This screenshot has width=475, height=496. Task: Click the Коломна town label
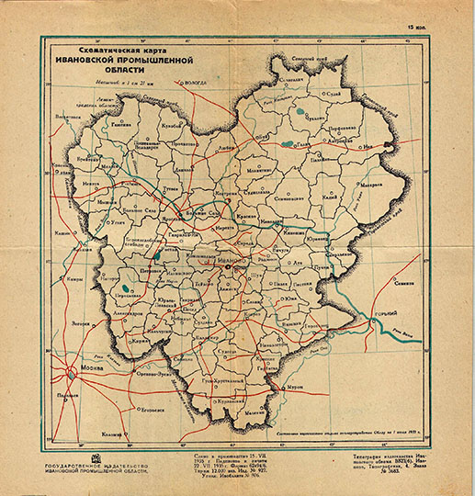(x=112, y=433)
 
